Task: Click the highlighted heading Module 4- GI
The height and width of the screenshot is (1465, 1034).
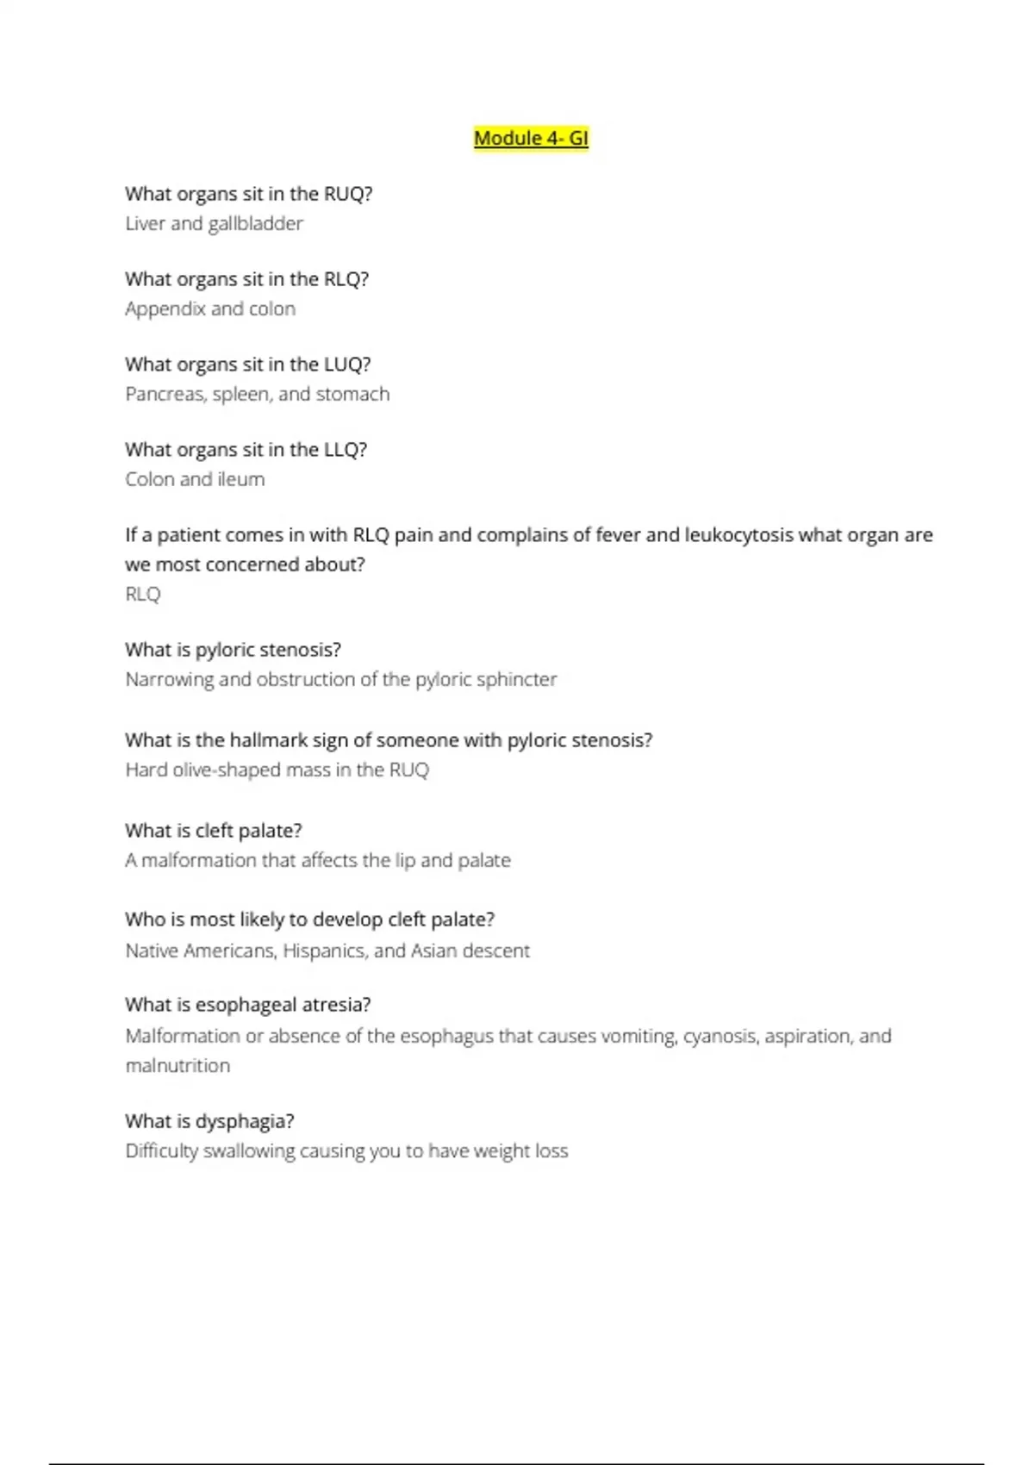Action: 531,138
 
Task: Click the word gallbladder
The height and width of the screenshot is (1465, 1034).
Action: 255,224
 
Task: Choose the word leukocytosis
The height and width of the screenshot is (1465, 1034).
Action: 738,535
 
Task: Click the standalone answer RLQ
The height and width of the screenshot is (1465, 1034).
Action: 143,595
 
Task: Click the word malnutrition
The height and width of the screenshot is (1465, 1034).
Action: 178,1066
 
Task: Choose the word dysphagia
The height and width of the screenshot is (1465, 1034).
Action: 243,1121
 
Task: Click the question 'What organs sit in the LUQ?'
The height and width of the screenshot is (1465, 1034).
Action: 248,365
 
